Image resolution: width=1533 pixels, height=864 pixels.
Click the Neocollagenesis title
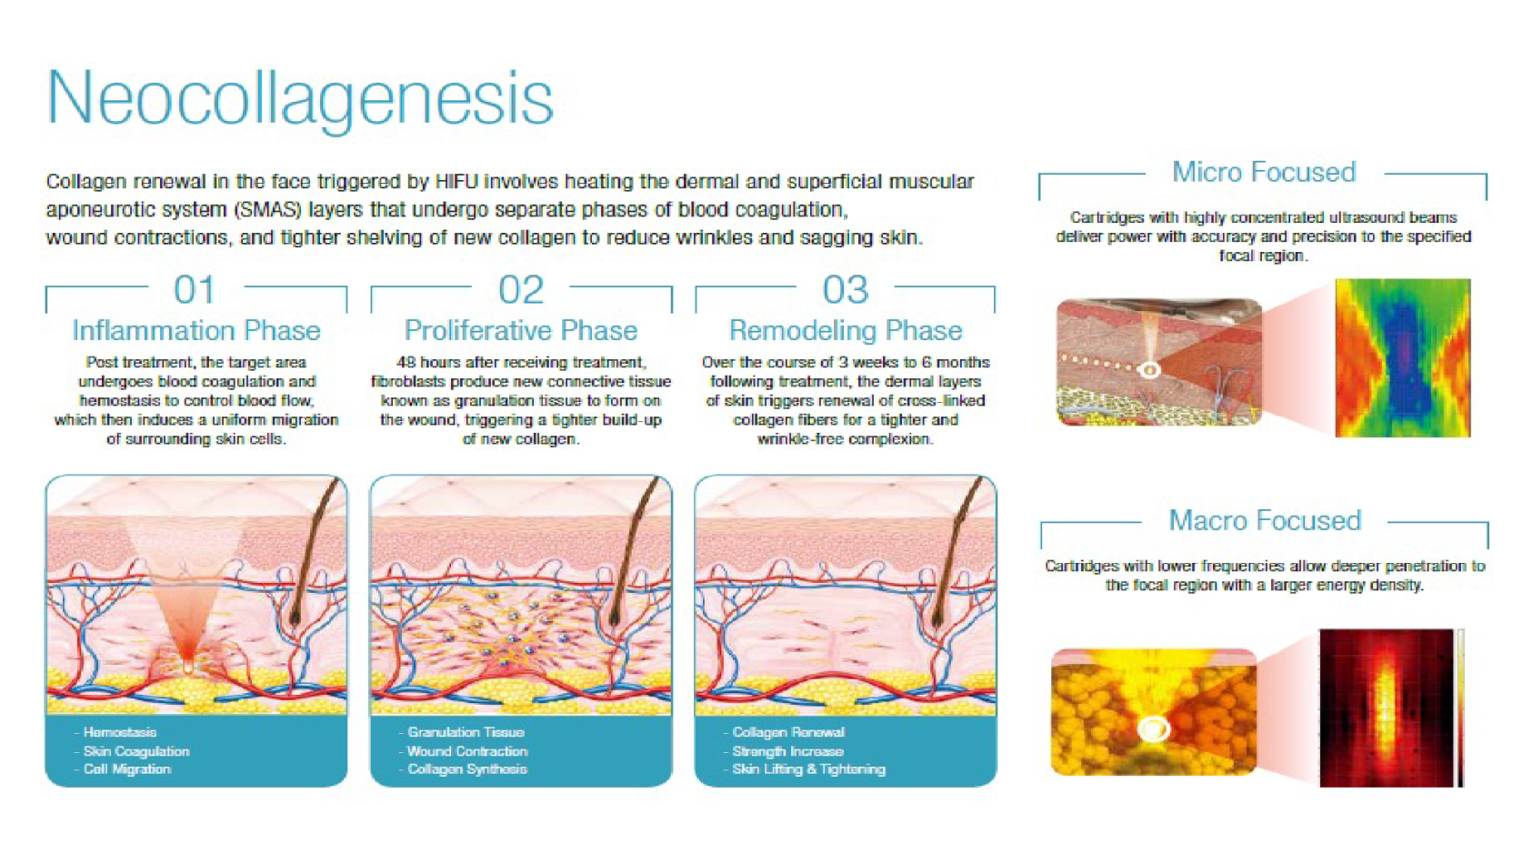[300, 99]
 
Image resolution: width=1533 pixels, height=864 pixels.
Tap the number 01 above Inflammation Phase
[195, 289]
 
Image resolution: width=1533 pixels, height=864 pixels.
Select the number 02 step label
[521, 289]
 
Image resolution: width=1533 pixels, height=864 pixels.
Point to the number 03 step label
[846, 289]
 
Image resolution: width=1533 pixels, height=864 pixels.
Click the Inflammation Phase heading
[196, 331]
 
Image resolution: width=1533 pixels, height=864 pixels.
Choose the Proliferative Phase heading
[521, 331]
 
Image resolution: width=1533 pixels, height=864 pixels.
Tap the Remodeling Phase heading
[846, 331]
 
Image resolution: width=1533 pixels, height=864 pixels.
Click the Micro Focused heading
[1263, 173]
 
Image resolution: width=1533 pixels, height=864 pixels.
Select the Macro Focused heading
[1265, 521]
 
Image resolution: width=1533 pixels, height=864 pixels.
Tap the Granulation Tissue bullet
[461, 732]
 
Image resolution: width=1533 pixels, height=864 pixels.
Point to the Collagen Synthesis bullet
[463, 769]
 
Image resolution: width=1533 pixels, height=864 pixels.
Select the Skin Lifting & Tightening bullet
[804, 769]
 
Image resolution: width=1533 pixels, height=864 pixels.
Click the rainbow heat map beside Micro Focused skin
[1403, 358]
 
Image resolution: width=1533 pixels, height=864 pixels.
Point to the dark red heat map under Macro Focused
[1386, 708]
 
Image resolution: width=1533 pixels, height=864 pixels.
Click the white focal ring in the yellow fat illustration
[1153, 728]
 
